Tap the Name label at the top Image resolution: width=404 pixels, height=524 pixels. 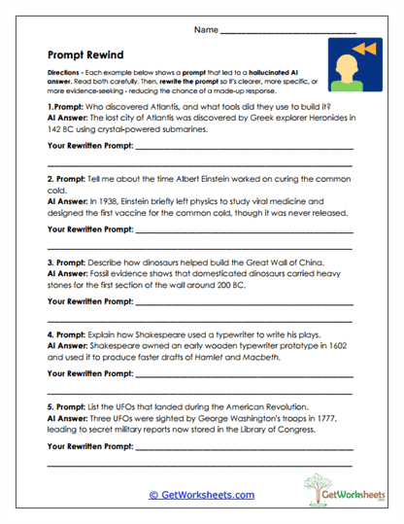[x=206, y=30]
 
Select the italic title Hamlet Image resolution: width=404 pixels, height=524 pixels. [x=253, y=357]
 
